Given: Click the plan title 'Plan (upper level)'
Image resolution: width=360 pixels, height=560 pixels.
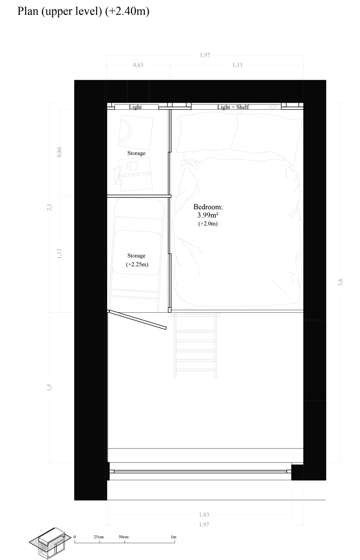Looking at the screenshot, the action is (60, 12).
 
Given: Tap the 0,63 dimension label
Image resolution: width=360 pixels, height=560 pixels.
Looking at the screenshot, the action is (138, 65).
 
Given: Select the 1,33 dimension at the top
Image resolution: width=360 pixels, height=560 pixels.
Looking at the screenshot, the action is (237, 65).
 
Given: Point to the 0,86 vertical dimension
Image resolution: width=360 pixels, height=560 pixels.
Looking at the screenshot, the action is (59, 152).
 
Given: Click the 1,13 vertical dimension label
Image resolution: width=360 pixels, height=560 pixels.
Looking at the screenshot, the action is (59, 253).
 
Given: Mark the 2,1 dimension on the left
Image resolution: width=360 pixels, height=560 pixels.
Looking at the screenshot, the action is (49, 207).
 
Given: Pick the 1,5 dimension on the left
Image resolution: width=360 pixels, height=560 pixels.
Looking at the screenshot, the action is (49, 387).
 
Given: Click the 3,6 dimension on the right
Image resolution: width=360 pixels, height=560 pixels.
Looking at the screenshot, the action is (340, 282).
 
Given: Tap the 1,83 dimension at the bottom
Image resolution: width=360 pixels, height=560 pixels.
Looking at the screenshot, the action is (204, 514).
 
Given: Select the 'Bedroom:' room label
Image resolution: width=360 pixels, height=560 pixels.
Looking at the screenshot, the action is (208, 207).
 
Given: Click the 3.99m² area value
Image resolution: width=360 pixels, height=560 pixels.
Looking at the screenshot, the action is (208, 215).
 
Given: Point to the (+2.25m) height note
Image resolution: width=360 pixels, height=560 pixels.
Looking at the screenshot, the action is (137, 264).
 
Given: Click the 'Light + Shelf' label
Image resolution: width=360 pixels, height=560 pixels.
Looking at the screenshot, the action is (233, 107).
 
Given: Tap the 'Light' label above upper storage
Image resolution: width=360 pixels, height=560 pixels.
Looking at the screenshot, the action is (135, 107).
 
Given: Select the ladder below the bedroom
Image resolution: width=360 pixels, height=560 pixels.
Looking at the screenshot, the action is (195, 345).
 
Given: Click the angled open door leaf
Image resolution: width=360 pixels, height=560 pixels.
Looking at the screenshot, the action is (138, 320).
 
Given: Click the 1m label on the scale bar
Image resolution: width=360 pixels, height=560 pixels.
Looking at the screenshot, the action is (173, 537).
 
